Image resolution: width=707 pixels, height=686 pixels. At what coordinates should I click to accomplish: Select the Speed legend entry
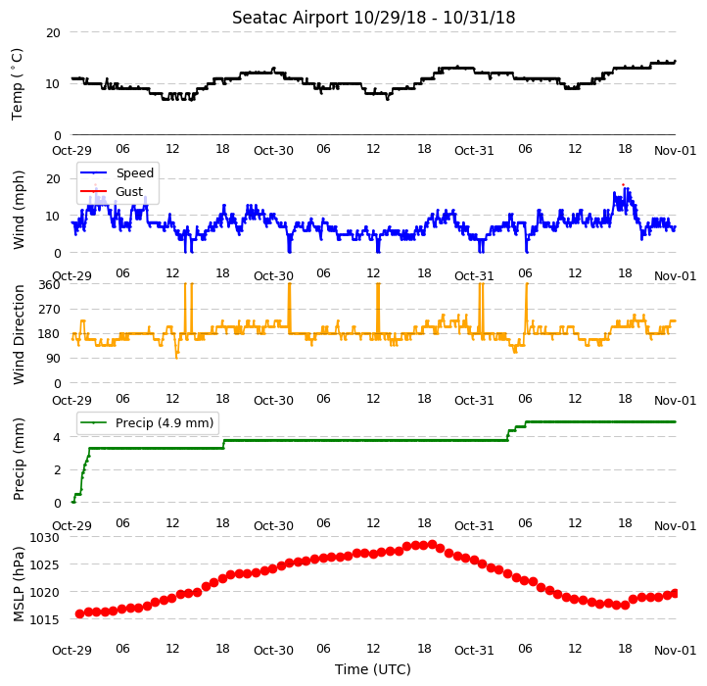(117, 172)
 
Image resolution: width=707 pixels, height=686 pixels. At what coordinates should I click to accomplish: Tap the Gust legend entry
(112, 192)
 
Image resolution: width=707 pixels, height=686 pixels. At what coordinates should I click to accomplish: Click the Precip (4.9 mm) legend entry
(146, 423)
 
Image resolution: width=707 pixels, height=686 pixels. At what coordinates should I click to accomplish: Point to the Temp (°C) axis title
(17, 84)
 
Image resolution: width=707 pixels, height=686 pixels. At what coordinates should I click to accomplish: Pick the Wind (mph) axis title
(19, 210)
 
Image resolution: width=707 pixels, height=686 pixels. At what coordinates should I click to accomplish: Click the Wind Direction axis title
(19, 334)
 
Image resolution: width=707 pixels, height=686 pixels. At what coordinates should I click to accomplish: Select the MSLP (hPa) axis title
(19, 584)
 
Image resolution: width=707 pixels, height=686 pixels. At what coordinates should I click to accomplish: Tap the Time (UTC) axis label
(373, 669)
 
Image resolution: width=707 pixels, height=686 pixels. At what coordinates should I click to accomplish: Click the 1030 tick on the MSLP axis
(44, 537)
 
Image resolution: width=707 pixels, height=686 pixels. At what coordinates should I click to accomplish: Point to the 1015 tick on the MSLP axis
(44, 619)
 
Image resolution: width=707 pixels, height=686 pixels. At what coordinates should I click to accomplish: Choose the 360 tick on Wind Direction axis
(49, 285)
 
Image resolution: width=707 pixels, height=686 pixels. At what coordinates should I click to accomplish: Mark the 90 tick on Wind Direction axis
(53, 359)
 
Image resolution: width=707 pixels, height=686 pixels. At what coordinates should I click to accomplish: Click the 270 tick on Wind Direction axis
(49, 310)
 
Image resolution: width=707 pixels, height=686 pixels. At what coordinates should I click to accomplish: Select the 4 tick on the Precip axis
(57, 437)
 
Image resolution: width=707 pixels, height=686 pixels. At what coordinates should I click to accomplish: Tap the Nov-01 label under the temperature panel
(675, 150)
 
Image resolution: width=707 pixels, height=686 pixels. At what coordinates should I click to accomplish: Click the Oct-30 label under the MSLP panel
(273, 651)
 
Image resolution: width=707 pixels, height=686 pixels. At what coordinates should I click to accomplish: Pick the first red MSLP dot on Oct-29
(80, 613)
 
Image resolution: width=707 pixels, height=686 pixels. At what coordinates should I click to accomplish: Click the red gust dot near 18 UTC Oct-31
(623, 184)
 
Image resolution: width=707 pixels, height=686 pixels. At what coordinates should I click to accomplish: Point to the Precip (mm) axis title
(19, 459)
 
